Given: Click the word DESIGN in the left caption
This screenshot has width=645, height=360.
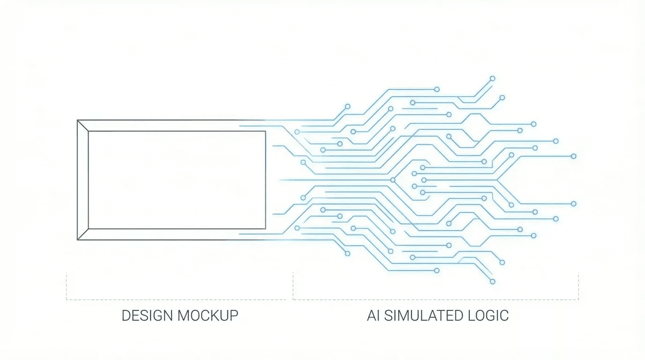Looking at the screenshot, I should [x=147, y=315].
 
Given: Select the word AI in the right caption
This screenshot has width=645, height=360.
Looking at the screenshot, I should [x=374, y=315].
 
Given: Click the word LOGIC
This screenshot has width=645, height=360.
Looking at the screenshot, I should [x=490, y=315].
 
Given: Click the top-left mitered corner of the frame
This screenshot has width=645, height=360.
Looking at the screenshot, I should [x=82, y=126].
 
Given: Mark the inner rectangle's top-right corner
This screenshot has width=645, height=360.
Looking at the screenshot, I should [x=265, y=131].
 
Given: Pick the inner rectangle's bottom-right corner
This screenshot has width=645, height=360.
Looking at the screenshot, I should [x=265, y=229].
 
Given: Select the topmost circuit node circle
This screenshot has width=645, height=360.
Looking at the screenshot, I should [x=492, y=78].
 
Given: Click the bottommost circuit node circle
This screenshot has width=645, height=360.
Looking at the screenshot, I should [x=492, y=281].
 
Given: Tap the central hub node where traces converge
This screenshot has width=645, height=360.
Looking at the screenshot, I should [x=393, y=180].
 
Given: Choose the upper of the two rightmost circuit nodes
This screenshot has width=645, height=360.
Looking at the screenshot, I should [x=573, y=156].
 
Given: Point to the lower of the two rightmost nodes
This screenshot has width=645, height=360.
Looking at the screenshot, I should [x=573, y=203].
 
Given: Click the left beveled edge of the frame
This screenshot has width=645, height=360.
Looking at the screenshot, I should [x=82, y=180].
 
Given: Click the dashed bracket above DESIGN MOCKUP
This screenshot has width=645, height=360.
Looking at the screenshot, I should [x=176, y=299].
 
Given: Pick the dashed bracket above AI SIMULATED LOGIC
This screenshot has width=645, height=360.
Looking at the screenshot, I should [x=436, y=299].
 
